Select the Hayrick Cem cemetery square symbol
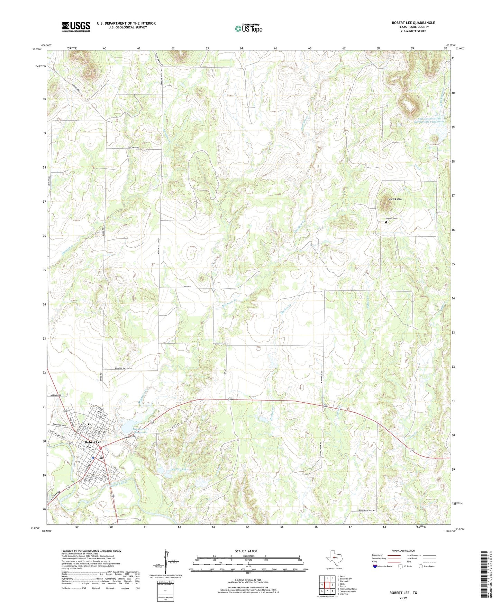click(386, 222)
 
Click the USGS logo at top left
click(76, 27)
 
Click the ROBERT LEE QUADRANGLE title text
click(413, 23)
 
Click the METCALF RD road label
click(55, 395)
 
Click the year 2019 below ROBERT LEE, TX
click(403, 598)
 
